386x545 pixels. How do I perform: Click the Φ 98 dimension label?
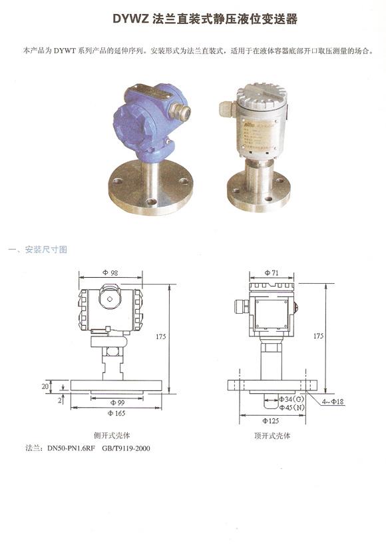110,273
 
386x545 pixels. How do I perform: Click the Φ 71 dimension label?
272,273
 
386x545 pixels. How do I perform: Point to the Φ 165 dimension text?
116,413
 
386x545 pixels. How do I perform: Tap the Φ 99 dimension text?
117,402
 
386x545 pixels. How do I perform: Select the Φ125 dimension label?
271,420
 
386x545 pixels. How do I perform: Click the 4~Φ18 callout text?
333,402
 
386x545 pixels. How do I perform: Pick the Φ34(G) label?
291,398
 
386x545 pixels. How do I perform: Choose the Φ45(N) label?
291,407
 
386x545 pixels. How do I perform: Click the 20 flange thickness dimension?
45,386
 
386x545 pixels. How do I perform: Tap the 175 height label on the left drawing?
160,336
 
